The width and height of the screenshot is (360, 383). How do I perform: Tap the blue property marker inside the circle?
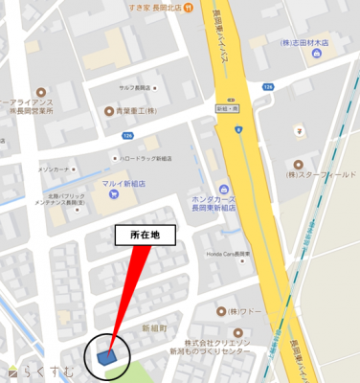point(105,357)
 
